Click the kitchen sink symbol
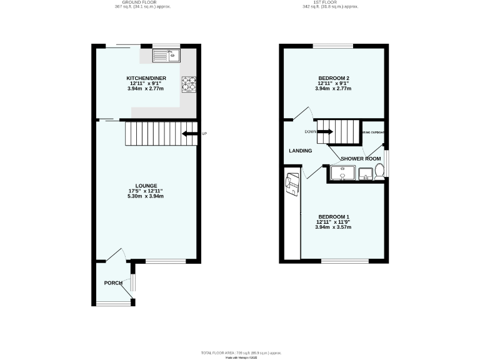point(166,56)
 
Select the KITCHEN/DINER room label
point(146,77)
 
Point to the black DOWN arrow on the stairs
point(325,132)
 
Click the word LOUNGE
point(146,186)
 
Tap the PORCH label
point(113,283)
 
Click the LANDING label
point(300,151)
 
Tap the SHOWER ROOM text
point(361,159)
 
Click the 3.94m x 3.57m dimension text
point(334,227)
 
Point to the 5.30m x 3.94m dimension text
point(146,196)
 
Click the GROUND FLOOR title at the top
point(142,2)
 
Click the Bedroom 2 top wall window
point(332,46)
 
